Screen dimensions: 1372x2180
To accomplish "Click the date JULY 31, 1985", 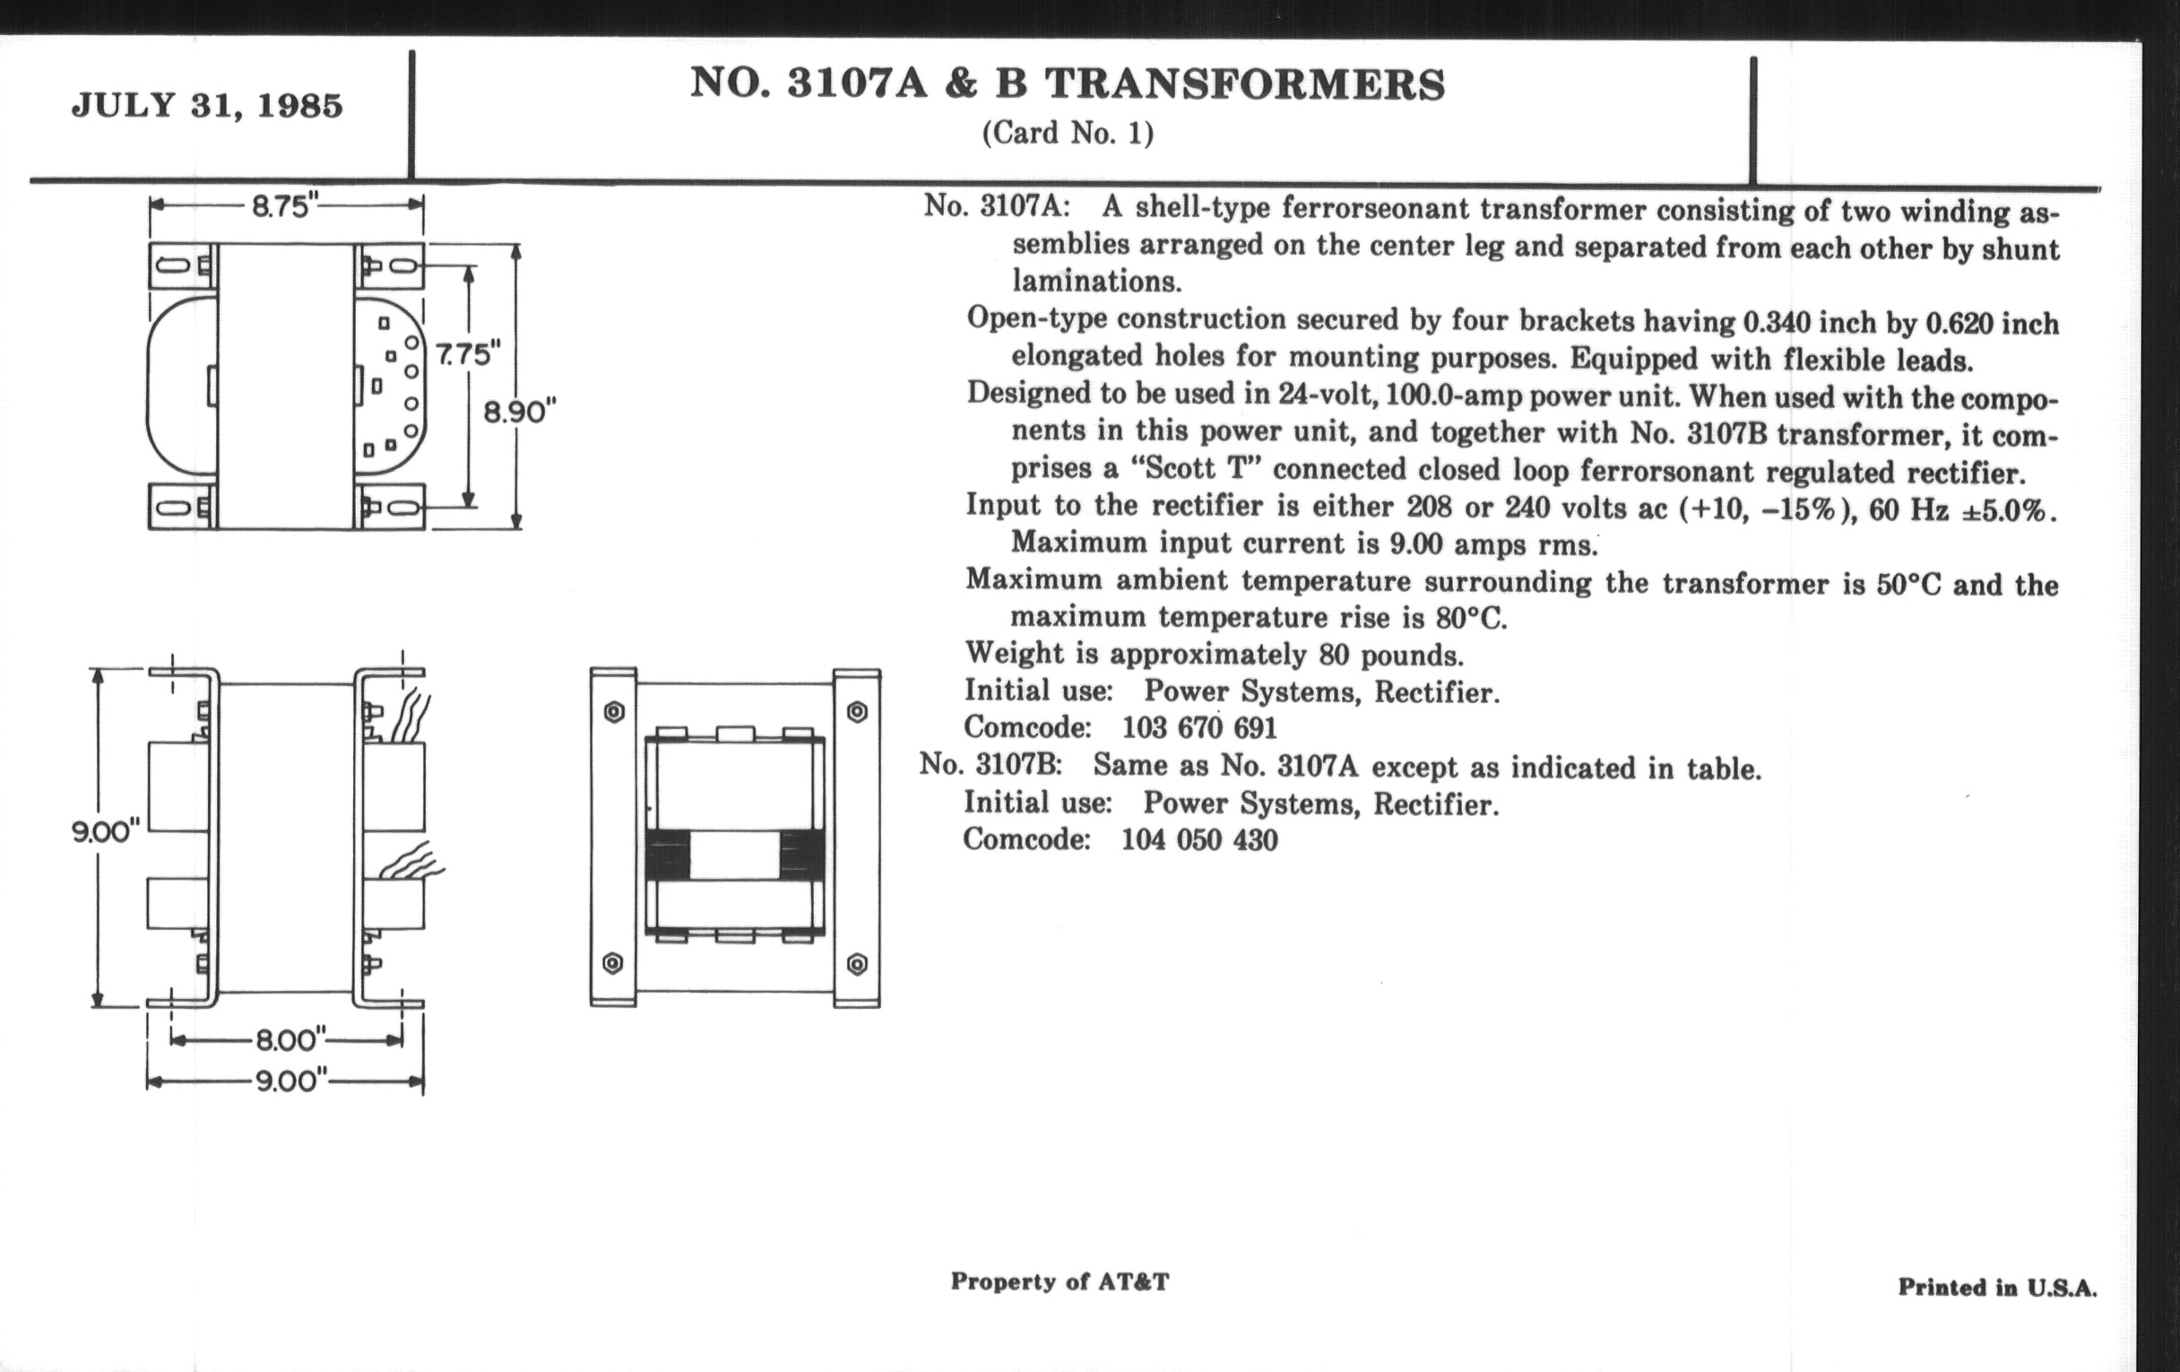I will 207,106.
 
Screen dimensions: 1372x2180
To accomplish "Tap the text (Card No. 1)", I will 1068,134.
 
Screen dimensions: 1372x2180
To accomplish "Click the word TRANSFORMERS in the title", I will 1245,84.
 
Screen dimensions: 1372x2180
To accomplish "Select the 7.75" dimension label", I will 468,353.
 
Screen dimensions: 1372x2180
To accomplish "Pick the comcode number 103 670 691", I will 1199,727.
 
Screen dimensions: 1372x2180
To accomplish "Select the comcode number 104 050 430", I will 1199,839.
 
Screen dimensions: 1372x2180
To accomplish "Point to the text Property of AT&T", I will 1060,1281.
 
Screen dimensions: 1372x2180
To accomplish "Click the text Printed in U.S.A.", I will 1997,1287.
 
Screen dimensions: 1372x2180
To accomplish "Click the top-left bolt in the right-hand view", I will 613,712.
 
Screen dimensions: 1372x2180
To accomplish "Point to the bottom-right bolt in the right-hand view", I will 856,964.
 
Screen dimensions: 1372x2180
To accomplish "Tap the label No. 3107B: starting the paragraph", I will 991,764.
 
